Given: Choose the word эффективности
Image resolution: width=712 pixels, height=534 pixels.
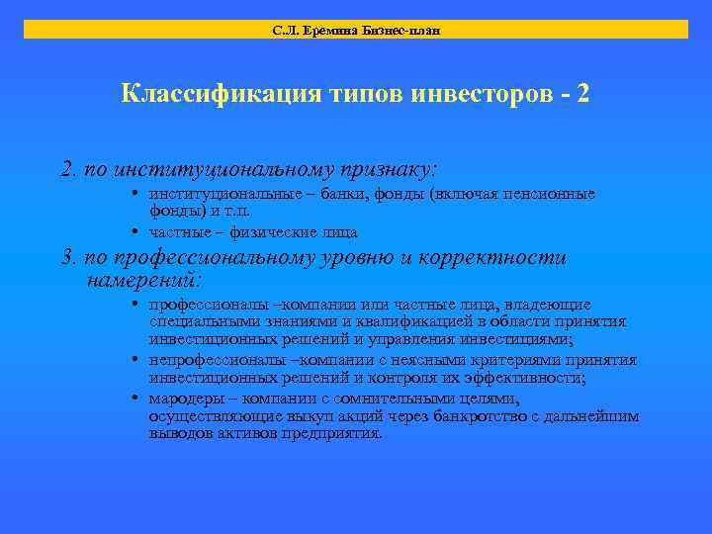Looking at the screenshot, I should tap(532, 378).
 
